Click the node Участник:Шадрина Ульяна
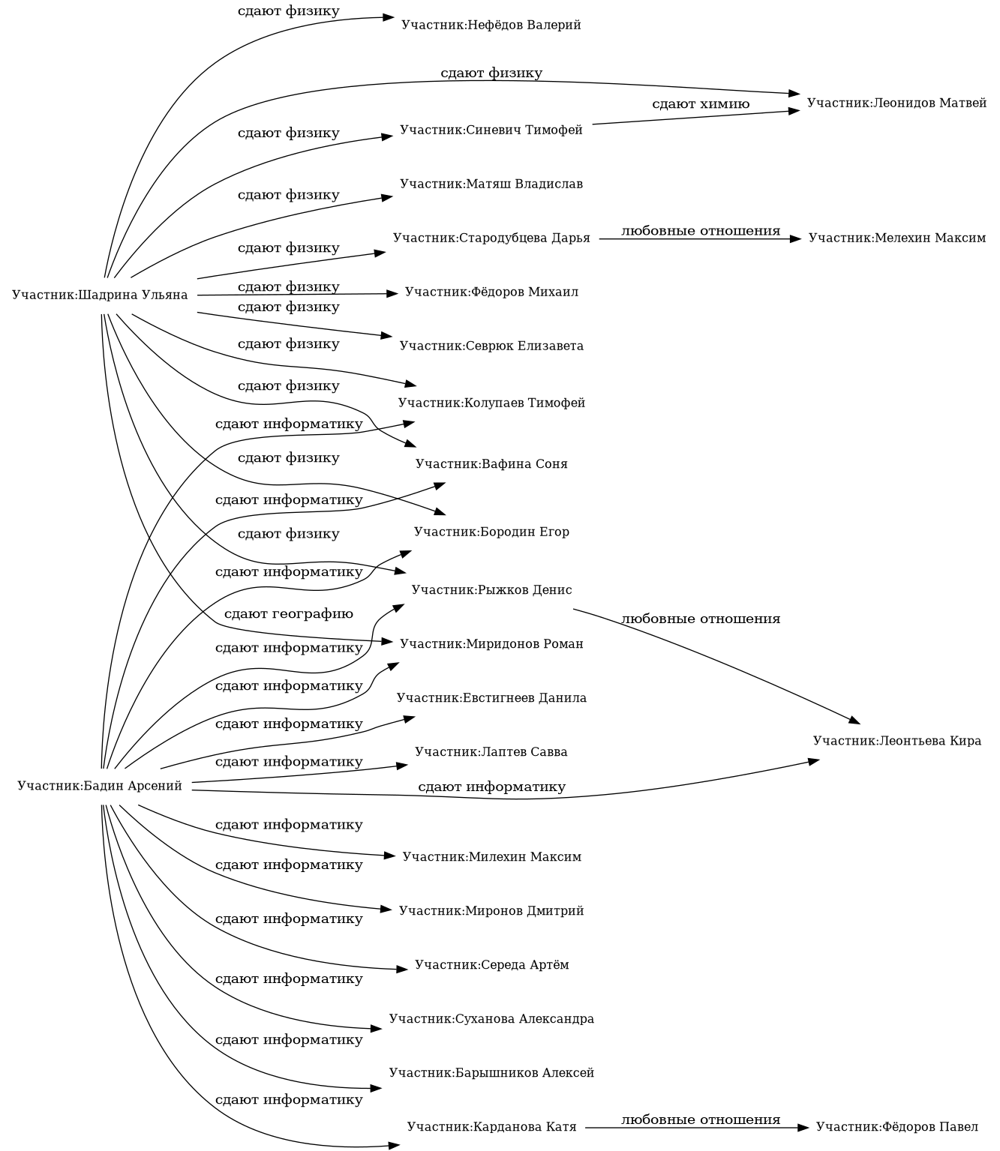(100, 295)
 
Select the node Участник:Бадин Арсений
(100, 787)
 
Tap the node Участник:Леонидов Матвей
(896, 103)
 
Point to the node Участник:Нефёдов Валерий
(491, 25)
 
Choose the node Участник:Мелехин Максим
(896, 238)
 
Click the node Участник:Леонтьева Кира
(896, 741)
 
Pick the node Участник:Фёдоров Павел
(896, 1127)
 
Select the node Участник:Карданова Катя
(491, 1127)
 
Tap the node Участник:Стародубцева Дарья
(491, 238)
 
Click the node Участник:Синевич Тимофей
(491, 130)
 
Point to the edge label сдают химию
(701, 104)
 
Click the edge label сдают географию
(288, 614)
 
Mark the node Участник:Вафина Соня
(491, 464)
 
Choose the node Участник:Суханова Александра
(491, 1019)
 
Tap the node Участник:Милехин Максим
(491, 856)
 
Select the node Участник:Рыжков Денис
(491, 589)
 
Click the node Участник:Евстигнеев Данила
(491, 698)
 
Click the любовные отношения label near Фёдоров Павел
(701, 1120)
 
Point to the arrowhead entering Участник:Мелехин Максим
(797, 238)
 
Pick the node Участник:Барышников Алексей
(491, 1073)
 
